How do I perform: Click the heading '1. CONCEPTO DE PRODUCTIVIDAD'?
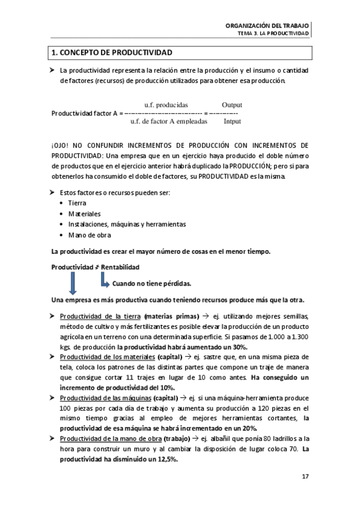point(112,53)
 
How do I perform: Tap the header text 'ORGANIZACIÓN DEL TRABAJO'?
point(267,26)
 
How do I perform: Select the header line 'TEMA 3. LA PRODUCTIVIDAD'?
point(273,34)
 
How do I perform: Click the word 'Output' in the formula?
point(231,104)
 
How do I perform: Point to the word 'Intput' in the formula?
point(232,121)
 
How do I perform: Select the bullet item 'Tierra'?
point(77,203)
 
